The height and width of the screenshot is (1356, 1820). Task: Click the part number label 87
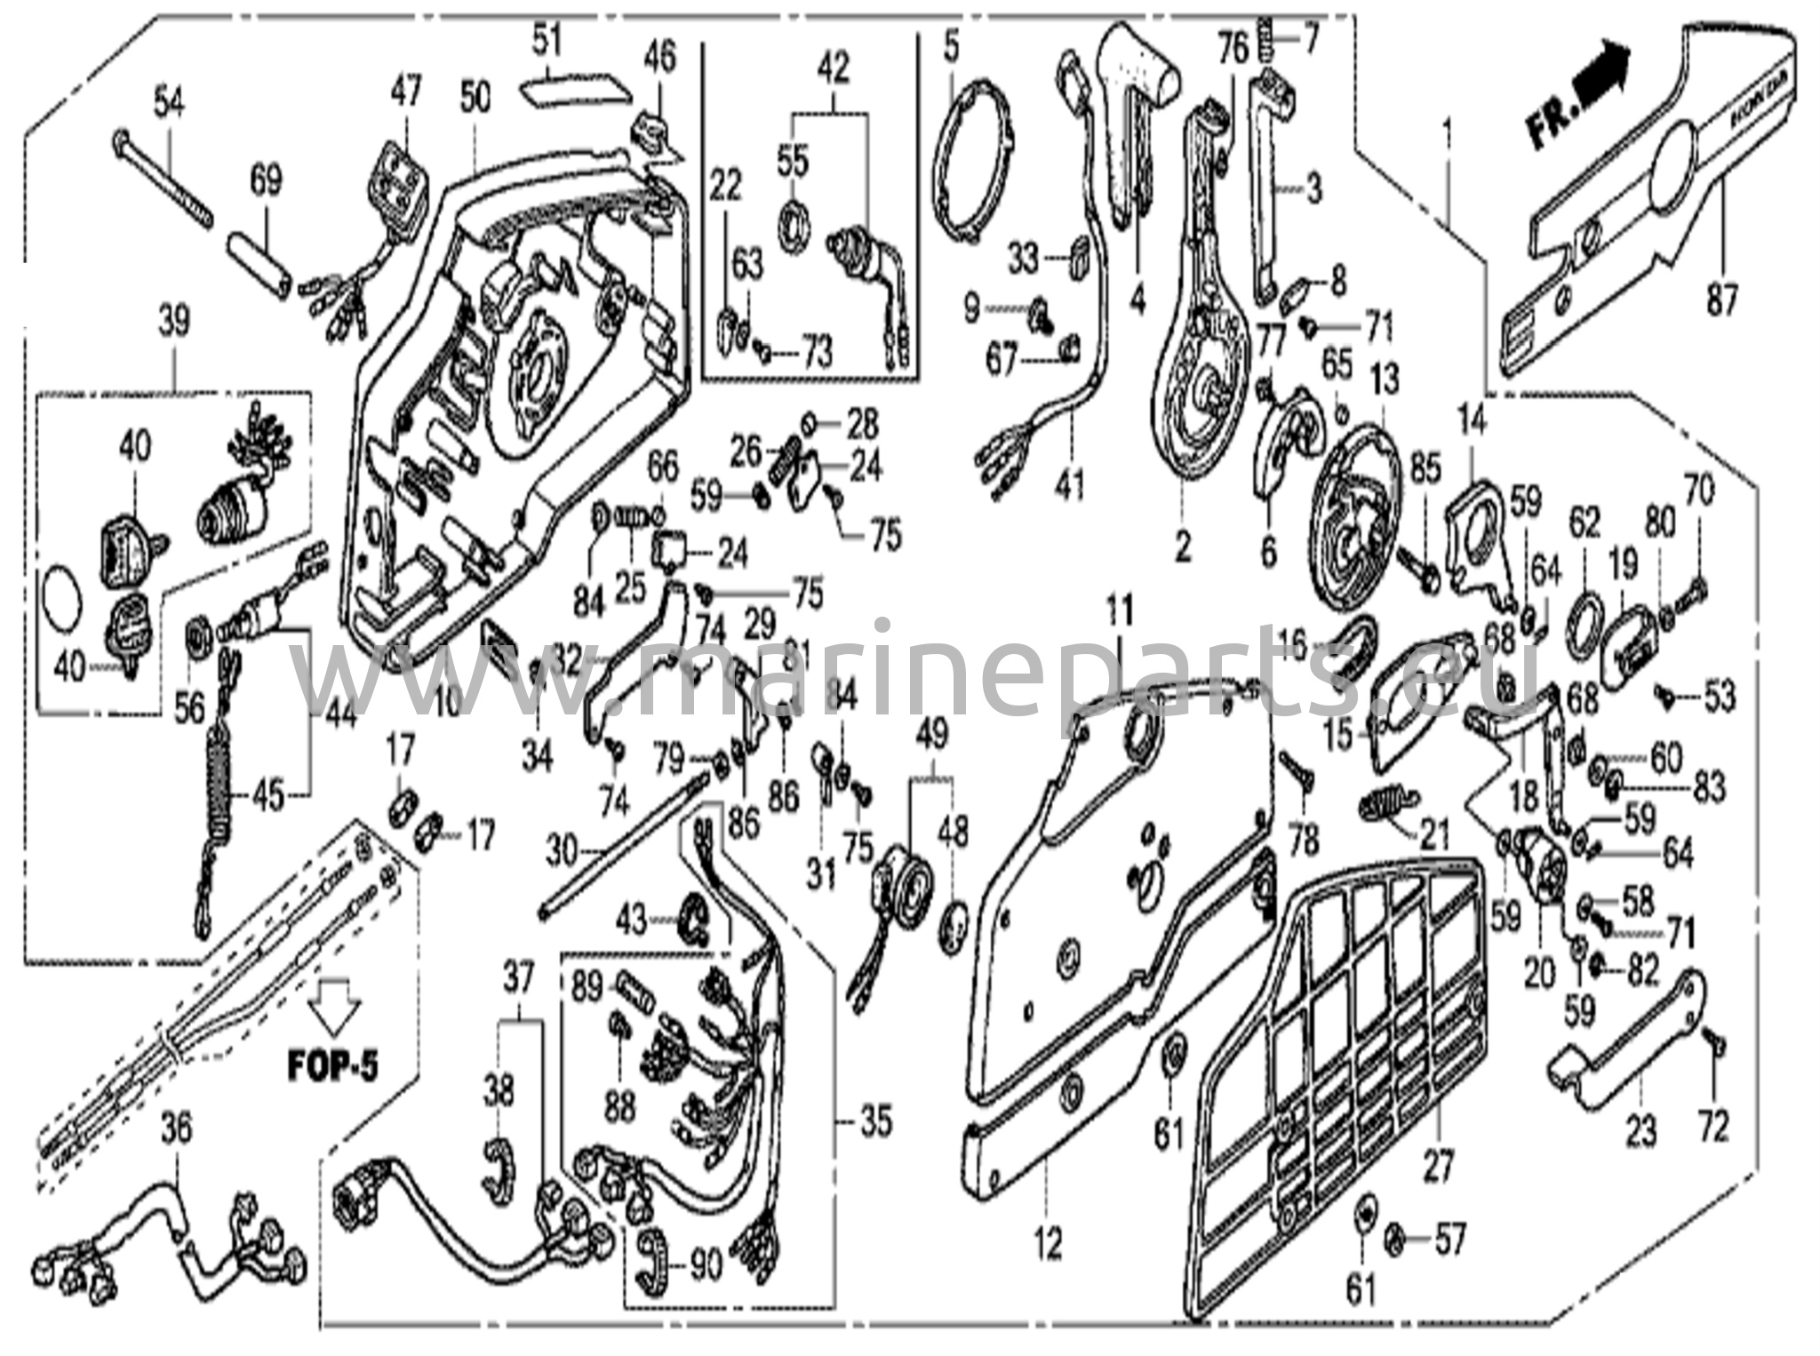tap(1720, 302)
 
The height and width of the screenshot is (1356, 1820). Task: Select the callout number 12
tap(1049, 1244)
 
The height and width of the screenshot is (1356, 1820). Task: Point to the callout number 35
tap(874, 1121)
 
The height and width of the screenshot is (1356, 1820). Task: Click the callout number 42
tap(832, 68)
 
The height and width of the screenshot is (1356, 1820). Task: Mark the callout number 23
tap(1641, 1132)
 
